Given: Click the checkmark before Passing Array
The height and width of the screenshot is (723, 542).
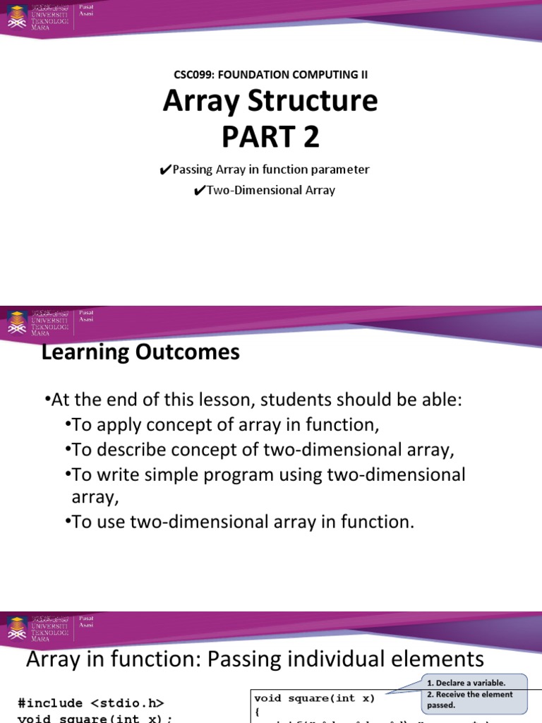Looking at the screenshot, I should (x=166, y=170).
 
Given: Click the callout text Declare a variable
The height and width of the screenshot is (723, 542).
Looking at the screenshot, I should (x=466, y=683).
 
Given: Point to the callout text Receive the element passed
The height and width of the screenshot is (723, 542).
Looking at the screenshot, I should (x=469, y=700).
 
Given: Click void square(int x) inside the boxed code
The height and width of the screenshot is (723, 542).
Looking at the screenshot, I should (x=315, y=698).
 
